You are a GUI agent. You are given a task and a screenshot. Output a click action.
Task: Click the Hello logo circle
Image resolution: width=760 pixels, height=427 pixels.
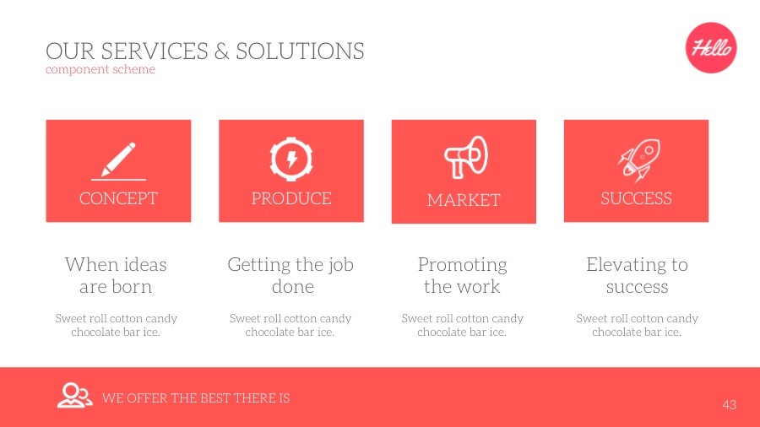pyautogui.click(x=711, y=48)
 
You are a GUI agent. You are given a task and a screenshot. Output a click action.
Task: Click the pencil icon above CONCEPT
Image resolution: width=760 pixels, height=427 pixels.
pyautogui.click(x=118, y=159)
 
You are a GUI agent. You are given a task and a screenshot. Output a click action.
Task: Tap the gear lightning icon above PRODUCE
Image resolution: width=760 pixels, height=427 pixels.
pyautogui.click(x=291, y=158)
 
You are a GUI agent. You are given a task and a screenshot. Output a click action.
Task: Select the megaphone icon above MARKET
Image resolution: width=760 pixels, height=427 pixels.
pyautogui.click(x=465, y=157)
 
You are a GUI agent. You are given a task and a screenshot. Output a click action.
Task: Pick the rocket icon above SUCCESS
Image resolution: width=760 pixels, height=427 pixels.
pyautogui.click(x=638, y=160)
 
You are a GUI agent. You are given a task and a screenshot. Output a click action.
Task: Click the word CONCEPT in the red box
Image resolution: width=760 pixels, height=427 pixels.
pyautogui.click(x=118, y=198)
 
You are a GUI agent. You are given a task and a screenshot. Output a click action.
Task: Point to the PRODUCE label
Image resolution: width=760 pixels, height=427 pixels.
pyautogui.click(x=291, y=198)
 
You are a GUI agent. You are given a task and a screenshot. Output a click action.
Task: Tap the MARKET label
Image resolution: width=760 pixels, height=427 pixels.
pyautogui.click(x=464, y=200)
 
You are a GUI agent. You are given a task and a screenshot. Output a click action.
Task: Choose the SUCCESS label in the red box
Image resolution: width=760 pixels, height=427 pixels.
pyautogui.click(x=636, y=198)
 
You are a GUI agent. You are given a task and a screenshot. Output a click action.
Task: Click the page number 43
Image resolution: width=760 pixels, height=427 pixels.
pyautogui.click(x=730, y=405)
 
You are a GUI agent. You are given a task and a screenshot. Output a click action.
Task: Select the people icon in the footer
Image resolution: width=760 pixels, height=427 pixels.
pyautogui.click(x=74, y=395)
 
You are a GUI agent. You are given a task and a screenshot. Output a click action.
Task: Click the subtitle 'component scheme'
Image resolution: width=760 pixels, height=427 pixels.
pyautogui.click(x=100, y=69)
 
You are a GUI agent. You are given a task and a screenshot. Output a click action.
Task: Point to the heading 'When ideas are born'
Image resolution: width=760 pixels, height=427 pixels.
pyautogui.click(x=116, y=275)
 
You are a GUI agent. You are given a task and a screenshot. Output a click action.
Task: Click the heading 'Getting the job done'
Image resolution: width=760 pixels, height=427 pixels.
pyautogui.click(x=290, y=275)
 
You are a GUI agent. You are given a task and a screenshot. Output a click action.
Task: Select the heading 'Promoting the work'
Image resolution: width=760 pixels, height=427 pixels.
pyautogui.click(x=462, y=275)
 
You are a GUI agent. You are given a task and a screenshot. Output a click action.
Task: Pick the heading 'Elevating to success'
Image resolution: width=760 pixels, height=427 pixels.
pyautogui.click(x=637, y=275)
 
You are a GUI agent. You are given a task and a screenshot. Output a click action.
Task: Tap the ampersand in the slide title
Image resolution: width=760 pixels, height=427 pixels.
pyautogui.click(x=222, y=51)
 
